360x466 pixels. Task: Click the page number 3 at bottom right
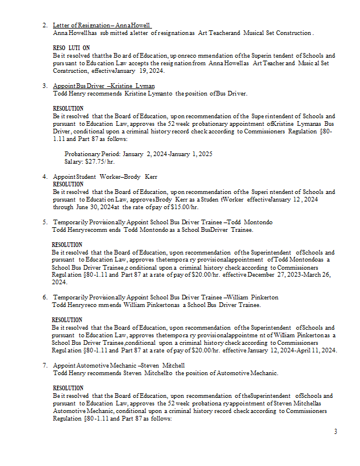coord(335,432)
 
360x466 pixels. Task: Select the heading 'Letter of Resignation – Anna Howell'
coord(102,26)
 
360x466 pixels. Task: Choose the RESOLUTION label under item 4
coord(68,184)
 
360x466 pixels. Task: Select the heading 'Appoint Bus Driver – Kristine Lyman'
coord(104,86)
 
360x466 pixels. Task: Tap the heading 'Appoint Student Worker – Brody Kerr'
coord(105,176)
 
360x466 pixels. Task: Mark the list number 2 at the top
coord(45,26)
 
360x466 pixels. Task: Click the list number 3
coord(45,86)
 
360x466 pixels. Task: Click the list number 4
coord(45,176)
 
